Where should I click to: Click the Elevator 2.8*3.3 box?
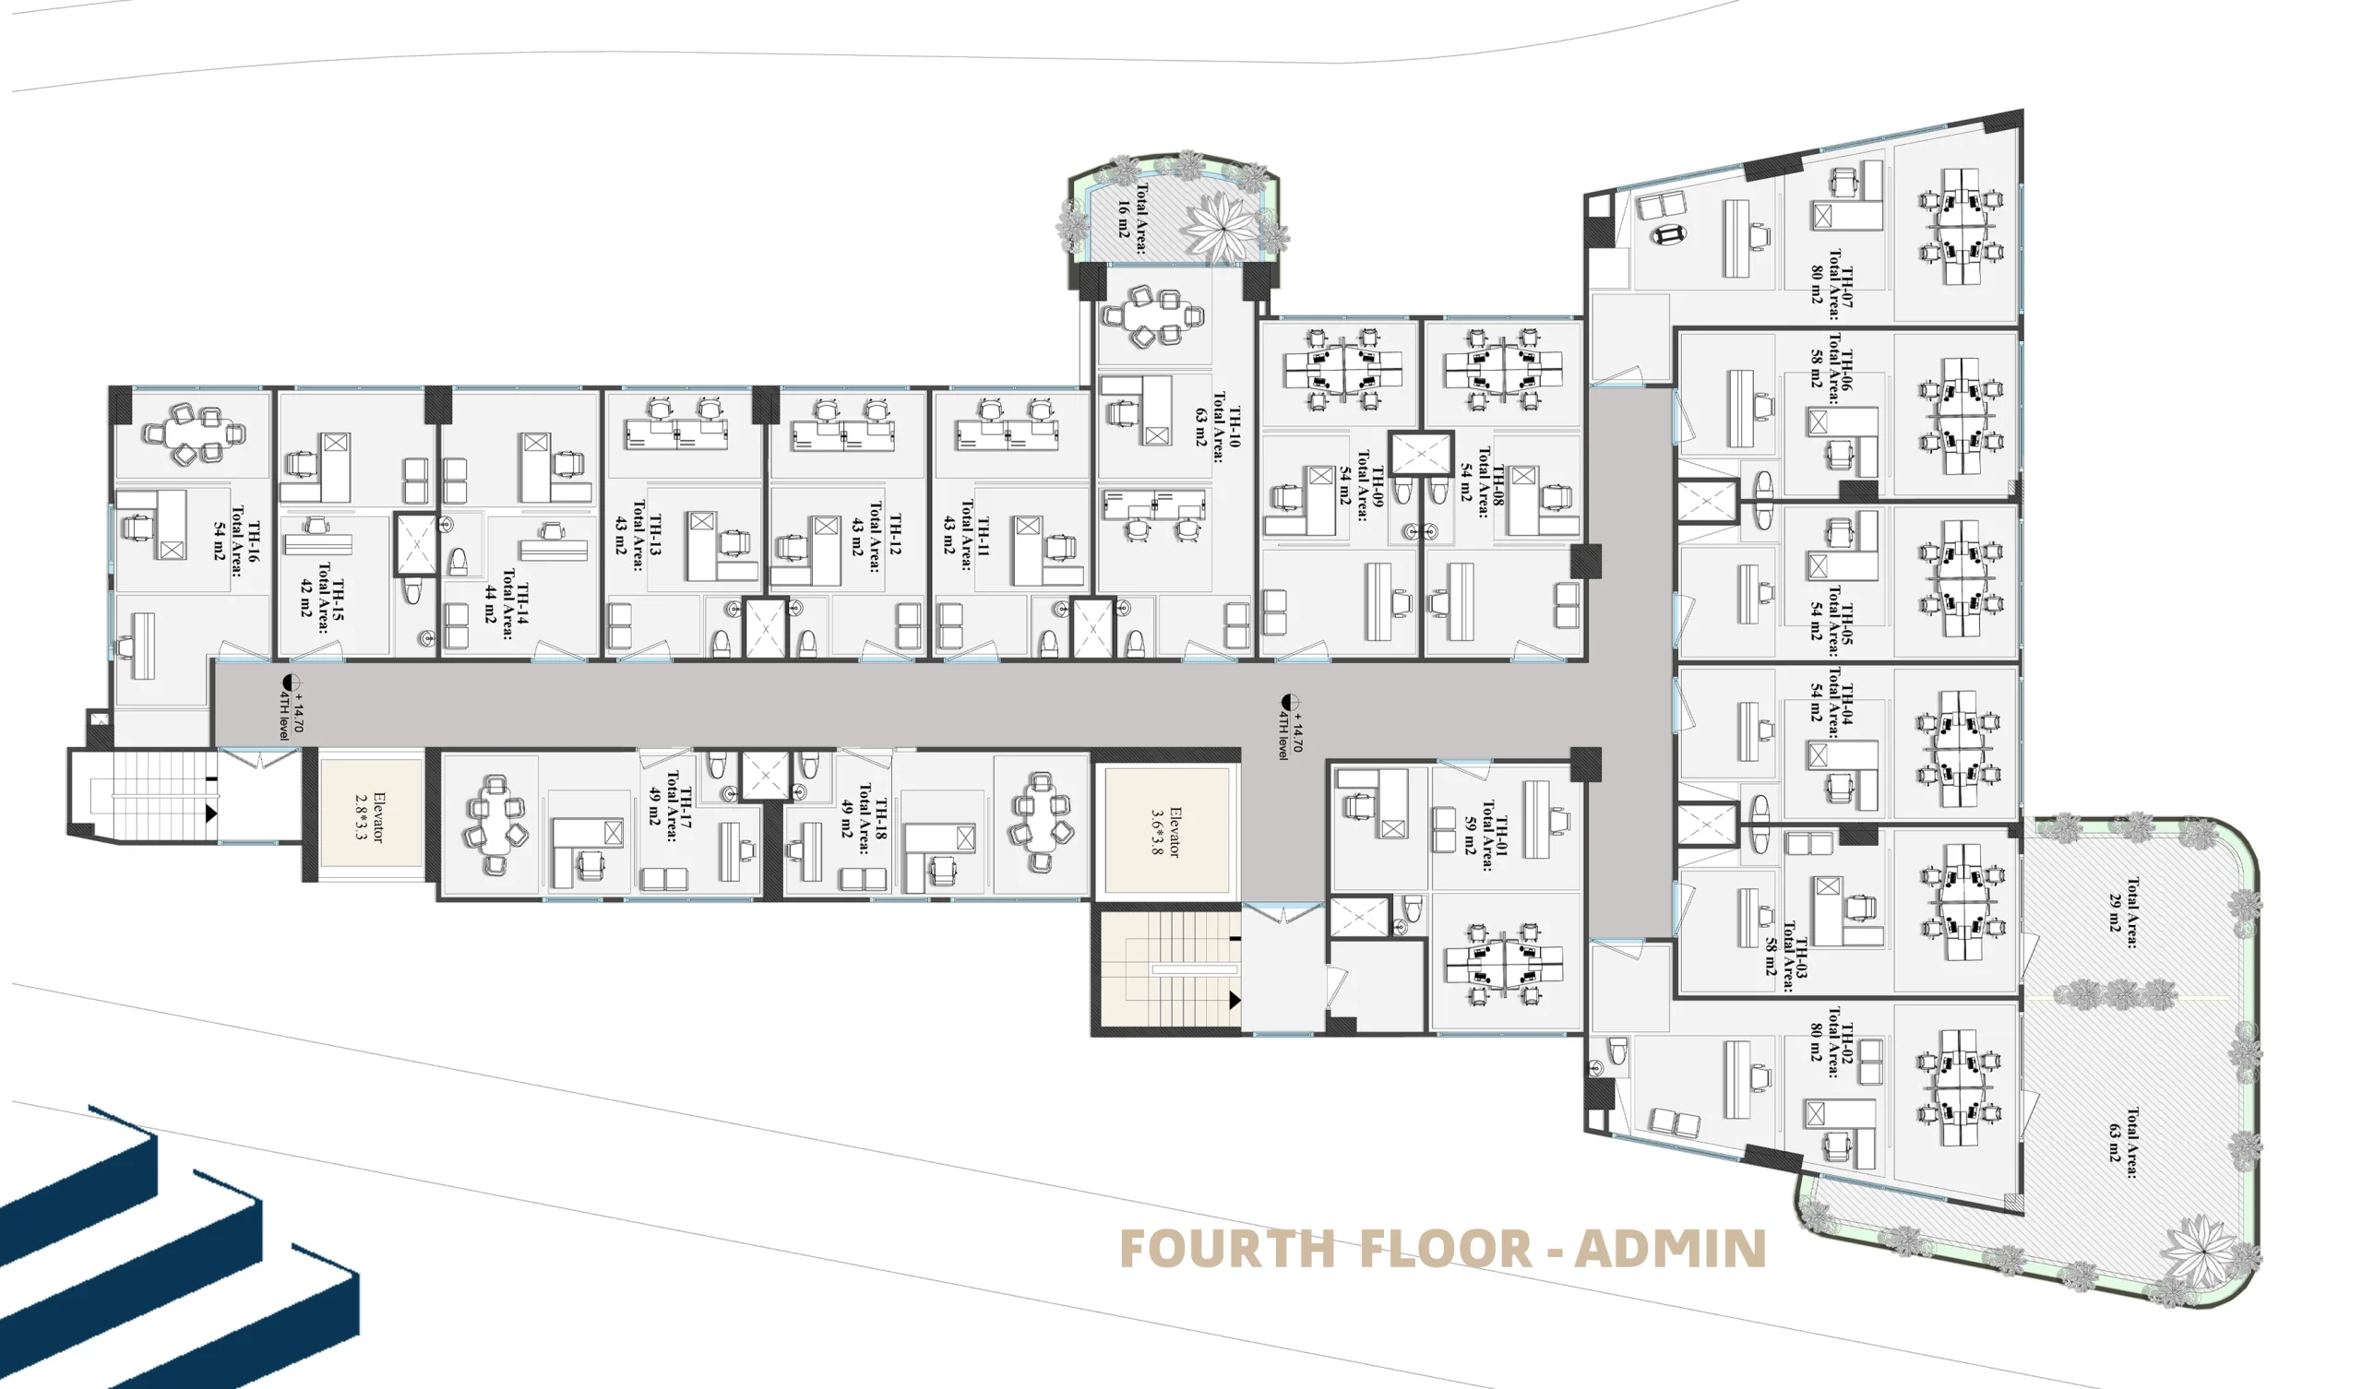click(x=371, y=813)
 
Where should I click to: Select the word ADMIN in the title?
click(x=1670, y=1249)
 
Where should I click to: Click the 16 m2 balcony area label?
click(x=1132, y=219)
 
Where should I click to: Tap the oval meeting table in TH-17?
click(x=494, y=825)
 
